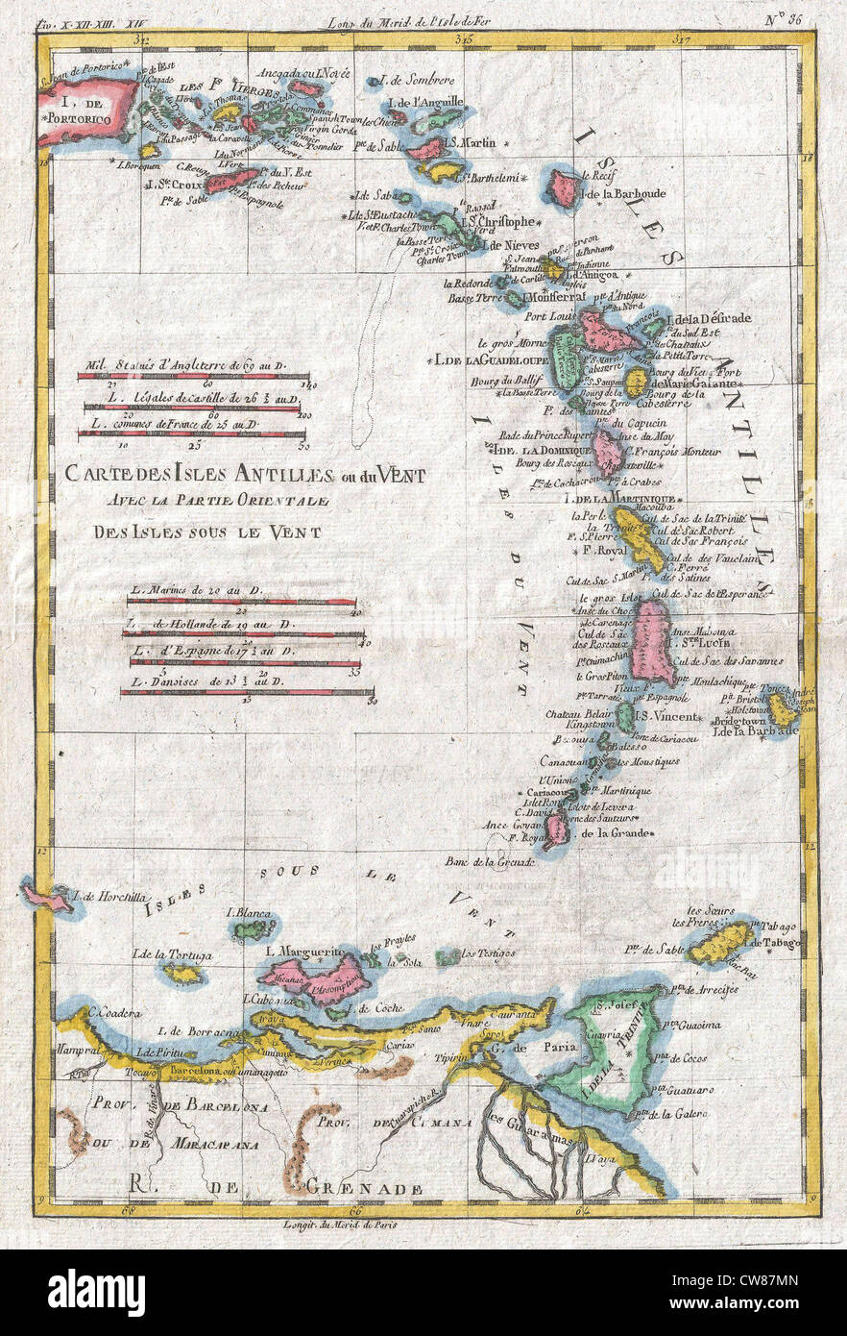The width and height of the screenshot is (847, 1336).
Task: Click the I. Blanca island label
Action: (x=248, y=912)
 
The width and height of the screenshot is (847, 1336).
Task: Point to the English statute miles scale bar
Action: (x=192, y=377)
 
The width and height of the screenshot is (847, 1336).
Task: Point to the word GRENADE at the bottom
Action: (x=365, y=1188)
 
